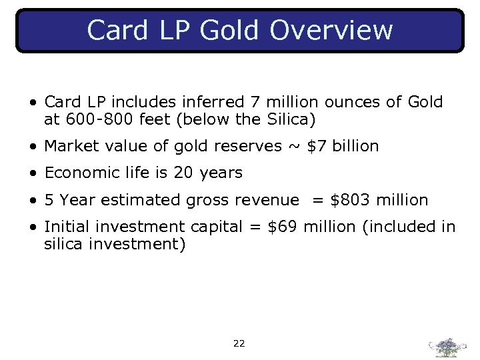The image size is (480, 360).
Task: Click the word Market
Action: coord(72,146)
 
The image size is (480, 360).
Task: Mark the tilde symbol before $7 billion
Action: coord(294,146)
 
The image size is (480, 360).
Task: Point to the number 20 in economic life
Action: coord(183,173)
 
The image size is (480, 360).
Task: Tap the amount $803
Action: coord(350,200)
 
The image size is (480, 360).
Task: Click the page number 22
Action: coord(239,344)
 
